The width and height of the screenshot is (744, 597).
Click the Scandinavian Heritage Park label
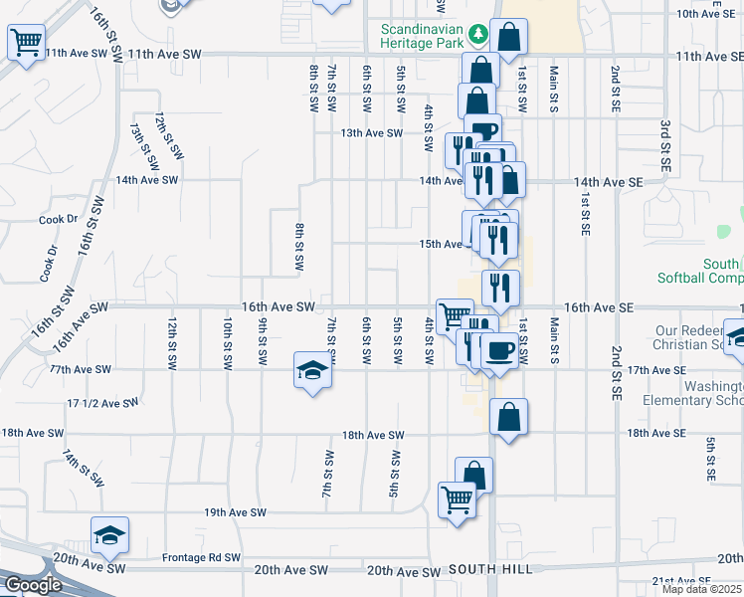423,35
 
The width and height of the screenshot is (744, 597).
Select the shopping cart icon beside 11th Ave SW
26,43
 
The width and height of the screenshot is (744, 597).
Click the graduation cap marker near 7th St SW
312,372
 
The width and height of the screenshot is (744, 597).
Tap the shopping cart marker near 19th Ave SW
457,499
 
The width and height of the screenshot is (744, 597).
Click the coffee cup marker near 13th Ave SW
483,132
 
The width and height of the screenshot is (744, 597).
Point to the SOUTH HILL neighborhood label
485,569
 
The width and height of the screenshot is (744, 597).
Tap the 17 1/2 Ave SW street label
101,403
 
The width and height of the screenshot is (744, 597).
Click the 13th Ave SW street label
371,132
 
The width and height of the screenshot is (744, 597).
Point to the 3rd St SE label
665,143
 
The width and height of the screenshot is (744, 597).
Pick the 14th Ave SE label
609,182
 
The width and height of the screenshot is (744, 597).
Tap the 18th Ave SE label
656,433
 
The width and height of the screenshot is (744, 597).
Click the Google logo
32,584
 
